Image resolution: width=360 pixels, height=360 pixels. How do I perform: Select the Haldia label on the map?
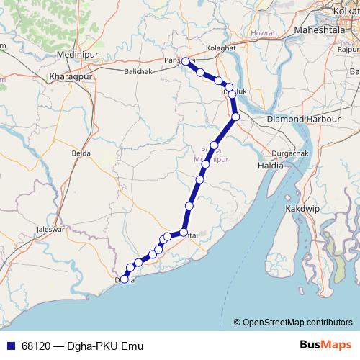tap(271, 166)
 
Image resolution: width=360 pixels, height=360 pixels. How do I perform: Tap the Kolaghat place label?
tap(220, 48)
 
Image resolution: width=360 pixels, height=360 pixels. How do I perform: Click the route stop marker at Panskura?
tap(186, 61)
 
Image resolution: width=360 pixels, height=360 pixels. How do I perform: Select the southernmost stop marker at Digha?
tap(125, 279)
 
